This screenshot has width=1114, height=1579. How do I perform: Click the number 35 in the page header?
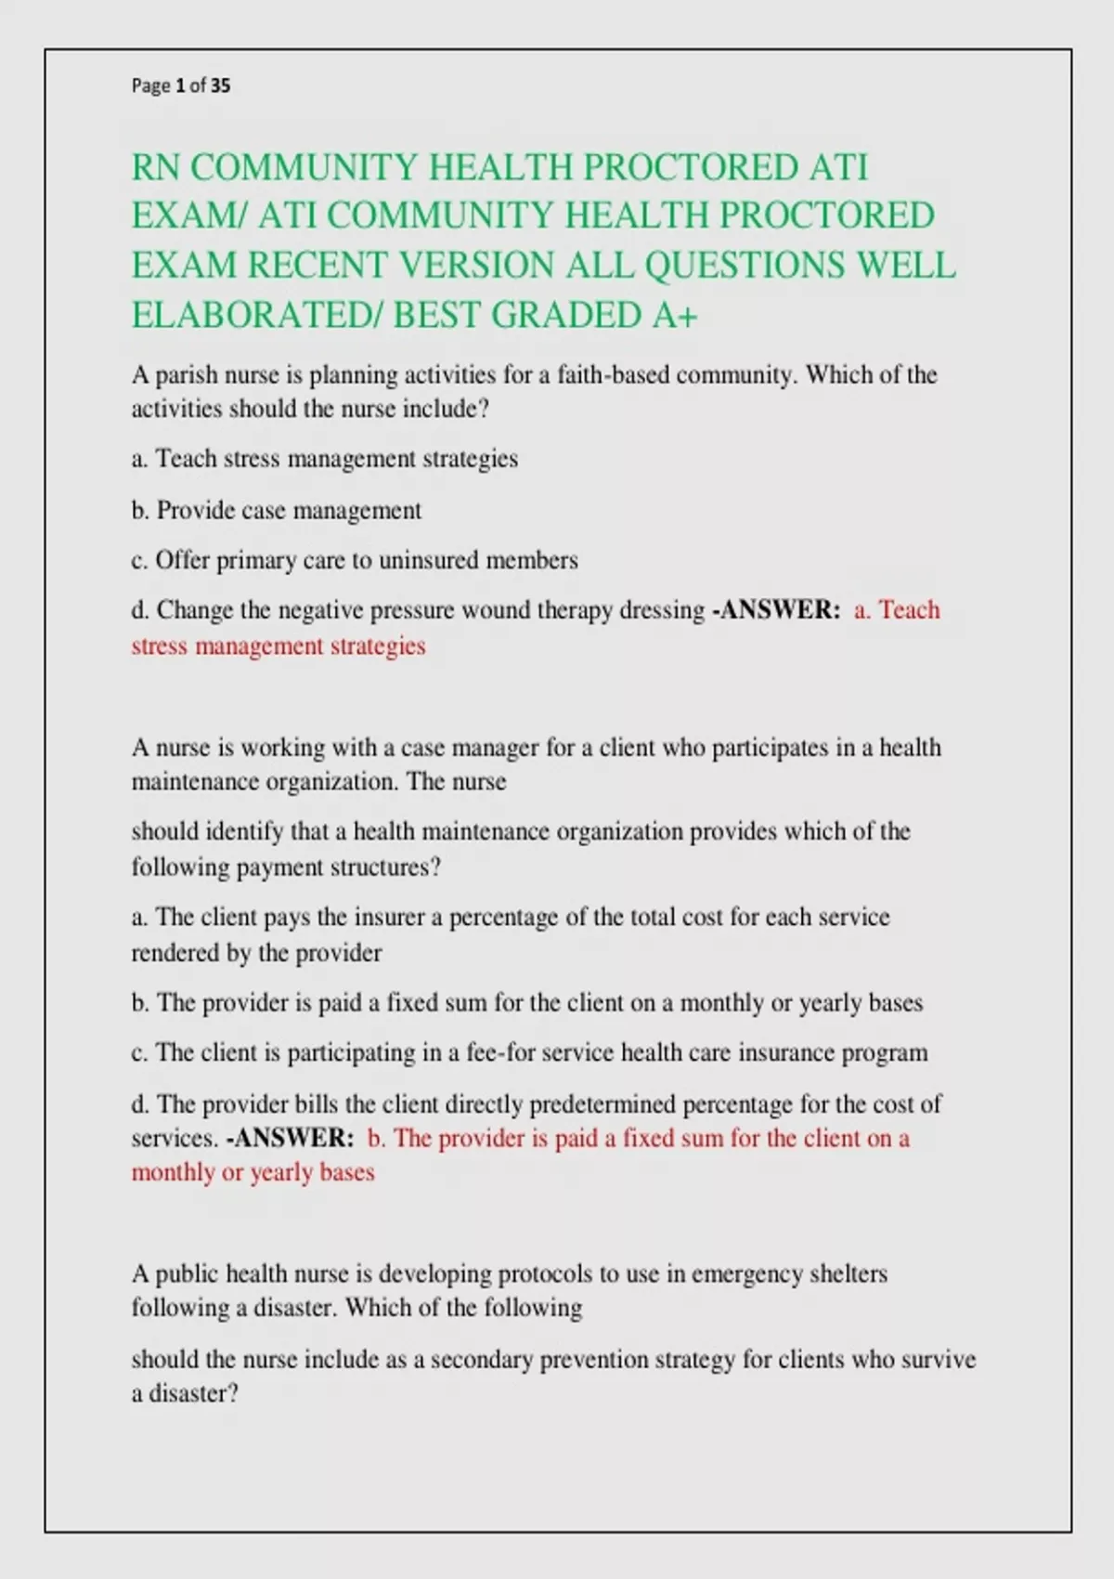pos(221,86)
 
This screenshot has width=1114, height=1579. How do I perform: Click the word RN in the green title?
pos(155,168)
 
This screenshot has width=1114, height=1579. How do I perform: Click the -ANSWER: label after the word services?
pos(290,1139)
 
